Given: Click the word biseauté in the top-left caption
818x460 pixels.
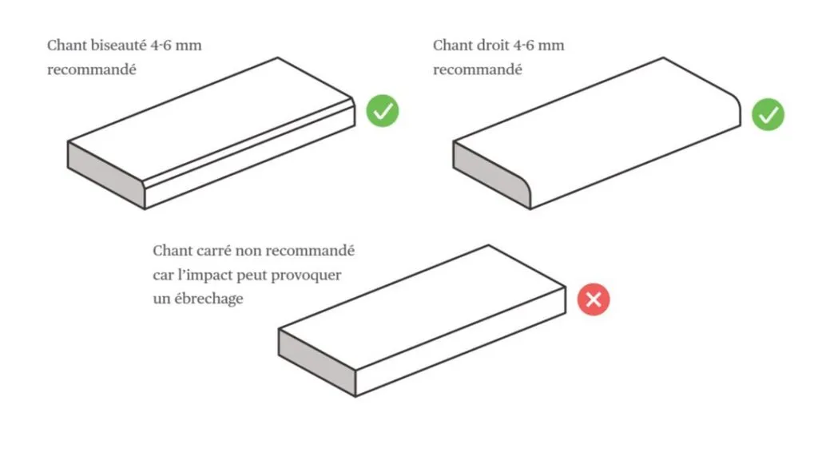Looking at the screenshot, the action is [x=118, y=46].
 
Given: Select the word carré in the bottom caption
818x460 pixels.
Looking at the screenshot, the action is [x=215, y=251].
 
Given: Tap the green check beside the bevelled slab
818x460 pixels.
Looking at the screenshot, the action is [x=383, y=110].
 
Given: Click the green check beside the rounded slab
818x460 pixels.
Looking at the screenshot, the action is [x=768, y=114].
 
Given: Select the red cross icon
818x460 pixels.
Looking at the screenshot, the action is [x=594, y=299].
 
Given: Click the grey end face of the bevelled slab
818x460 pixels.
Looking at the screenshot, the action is [x=106, y=175].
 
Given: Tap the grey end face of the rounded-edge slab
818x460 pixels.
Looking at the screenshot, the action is [x=490, y=173].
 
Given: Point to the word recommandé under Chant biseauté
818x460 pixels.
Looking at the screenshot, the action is [x=92, y=70].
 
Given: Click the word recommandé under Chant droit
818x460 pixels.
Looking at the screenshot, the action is [x=478, y=70].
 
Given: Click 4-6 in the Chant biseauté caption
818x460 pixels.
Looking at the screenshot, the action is [x=161, y=46].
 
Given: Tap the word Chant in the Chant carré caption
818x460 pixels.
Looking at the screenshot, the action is [x=173, y=251].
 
